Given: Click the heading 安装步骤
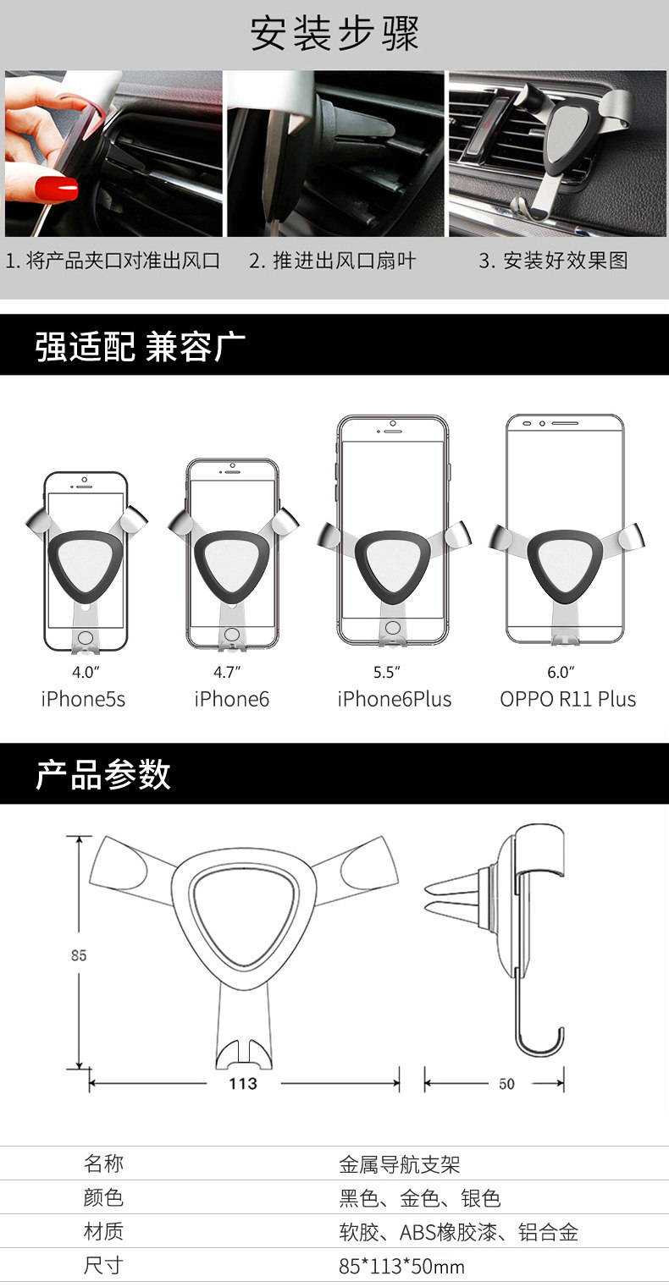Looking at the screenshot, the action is (x=334, y=35).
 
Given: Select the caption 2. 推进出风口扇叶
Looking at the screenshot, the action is (x=333, y=261).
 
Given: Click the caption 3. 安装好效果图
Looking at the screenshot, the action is (x=554, y=261).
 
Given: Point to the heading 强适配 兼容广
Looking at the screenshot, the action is (x=141, y=346).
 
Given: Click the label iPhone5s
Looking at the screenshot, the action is (x=83, y=700).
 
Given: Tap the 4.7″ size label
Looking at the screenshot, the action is (x=227, y=674).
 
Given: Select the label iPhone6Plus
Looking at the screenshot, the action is (x=395, y=700).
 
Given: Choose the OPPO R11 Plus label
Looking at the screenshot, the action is (x=567, y=700).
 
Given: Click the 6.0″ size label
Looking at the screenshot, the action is (x=561, y=674).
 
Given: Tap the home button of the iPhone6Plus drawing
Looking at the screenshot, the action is (x=392, y=628).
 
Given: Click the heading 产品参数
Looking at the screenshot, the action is (x=103, y=775).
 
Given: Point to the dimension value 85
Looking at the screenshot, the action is (x=79, y=955).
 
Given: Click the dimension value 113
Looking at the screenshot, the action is (x=243, y=1084).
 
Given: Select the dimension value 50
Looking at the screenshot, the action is (x=506, y=1084).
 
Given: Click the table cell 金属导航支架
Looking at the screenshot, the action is (x=400, y=1164).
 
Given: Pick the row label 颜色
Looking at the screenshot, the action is (x=103, y=1198).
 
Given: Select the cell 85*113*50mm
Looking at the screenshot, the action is (x=401, y=1267).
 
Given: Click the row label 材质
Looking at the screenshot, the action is (x=103, y=1232).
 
